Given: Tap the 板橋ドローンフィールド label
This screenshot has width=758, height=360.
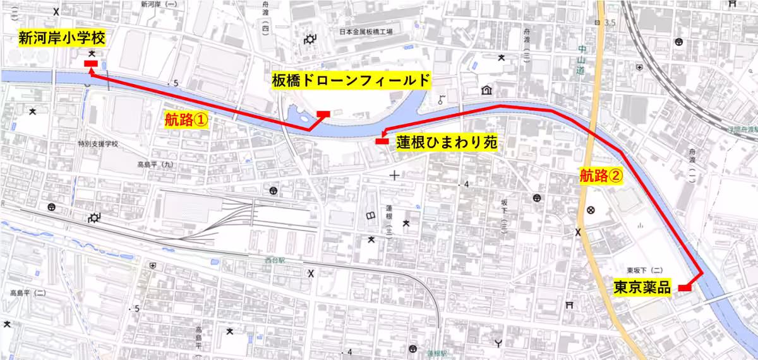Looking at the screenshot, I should pos(351,80).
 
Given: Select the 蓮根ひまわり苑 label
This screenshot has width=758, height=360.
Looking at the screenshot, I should pos(447,143).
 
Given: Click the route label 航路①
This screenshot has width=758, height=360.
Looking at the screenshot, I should pos(186,119).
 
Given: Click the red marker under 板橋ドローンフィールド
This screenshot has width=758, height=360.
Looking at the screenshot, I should pos(323,114).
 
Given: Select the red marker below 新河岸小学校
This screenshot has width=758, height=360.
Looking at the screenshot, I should pos(90,63).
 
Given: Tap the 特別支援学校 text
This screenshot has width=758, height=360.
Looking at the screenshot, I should pos(98,144).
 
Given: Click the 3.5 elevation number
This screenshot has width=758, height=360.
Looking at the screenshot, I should pos(610,23).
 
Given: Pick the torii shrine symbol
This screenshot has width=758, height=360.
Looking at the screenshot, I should pos(570,304).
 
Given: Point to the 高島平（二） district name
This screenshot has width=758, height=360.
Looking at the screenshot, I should pos(28,293).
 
